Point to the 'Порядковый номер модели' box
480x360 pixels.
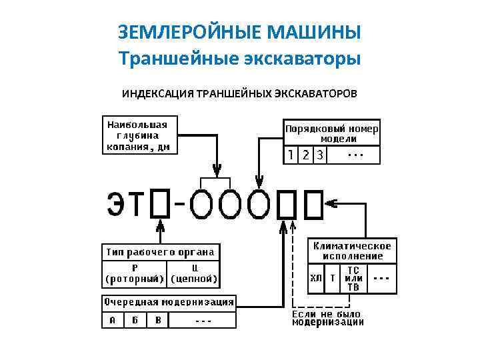click(x=332, y=133)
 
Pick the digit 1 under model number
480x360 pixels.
click(x=291, y=155)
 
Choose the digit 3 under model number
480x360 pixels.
click(x=320, y=155)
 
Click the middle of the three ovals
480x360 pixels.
click(x=230, y=204)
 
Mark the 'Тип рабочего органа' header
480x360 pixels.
click(x=161, y=252)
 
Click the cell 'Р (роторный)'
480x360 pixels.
click(x=135, y=273)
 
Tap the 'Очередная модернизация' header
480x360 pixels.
click(x=168, y=302)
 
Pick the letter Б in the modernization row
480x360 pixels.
click(x=135, y=320)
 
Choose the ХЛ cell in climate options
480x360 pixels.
click(x=316, y=279)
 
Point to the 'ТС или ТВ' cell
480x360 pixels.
click(x=353, y=279)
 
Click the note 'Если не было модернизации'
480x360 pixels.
click(x=328, y=318)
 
